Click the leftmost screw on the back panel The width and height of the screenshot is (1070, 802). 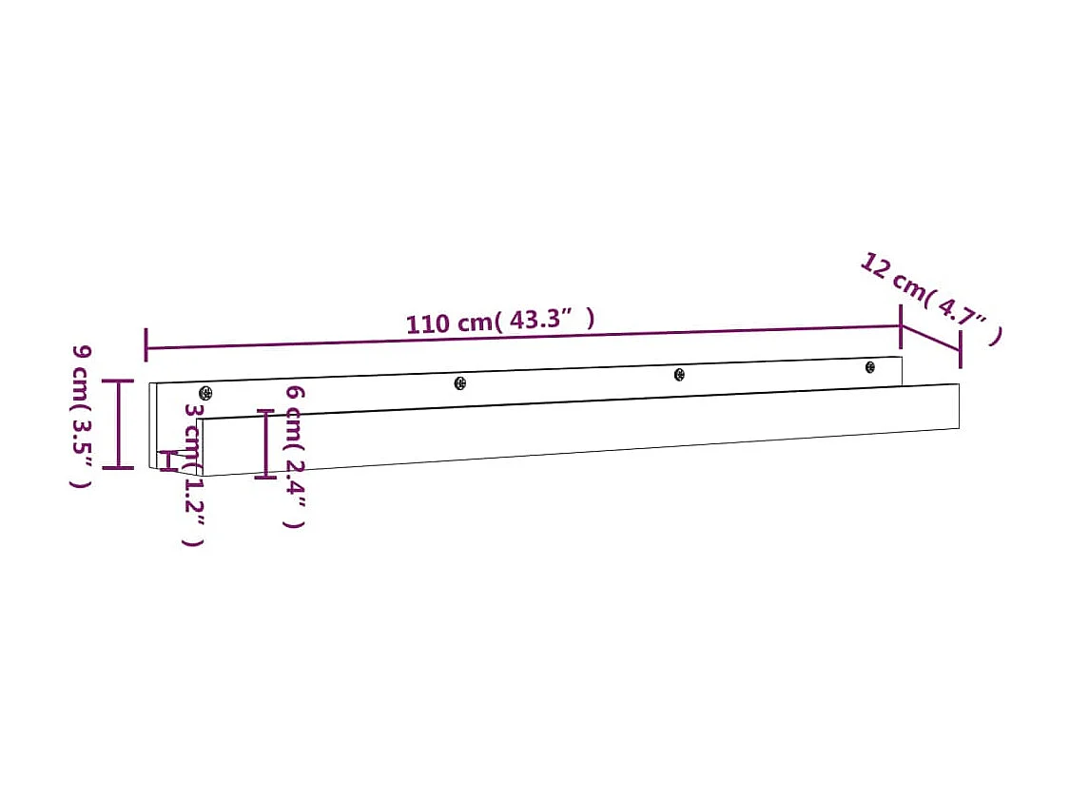205,393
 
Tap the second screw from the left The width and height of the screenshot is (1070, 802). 460,382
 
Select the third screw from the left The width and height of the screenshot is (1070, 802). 679,375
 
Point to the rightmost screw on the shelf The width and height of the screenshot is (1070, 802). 869,367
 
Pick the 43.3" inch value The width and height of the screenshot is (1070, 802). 546,319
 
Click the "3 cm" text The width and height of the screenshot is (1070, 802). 193,430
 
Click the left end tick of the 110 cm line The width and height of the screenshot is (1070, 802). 146,345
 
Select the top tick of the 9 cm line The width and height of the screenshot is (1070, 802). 119,381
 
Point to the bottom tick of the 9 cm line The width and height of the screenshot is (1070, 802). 119,467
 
